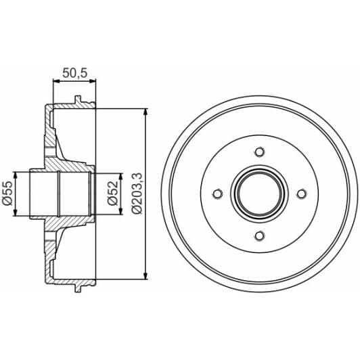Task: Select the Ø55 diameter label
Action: [x=7, y=194]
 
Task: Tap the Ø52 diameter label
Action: [x=113, y=194]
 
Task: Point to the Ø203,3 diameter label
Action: [x=137, y=194]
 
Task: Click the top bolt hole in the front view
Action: [x=259, y=152]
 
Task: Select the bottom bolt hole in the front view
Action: [x=259, y=235]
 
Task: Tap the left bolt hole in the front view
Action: [x=217, y=194]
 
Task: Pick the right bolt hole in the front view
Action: [x=301, y=194]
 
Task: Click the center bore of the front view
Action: [x=259, y=194]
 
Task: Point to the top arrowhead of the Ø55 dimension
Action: [x=16, y=175]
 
